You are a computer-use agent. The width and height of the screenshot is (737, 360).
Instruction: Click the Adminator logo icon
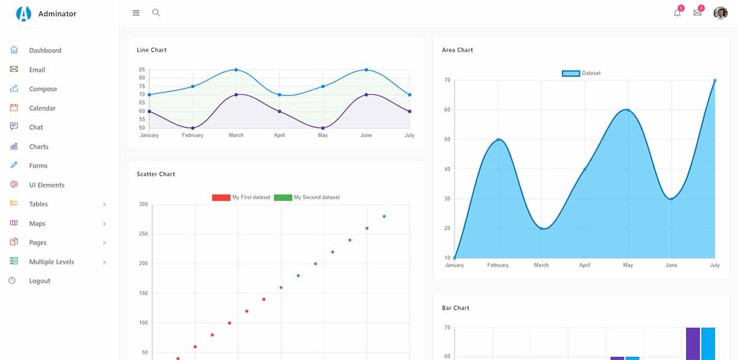click(x=23, y=14)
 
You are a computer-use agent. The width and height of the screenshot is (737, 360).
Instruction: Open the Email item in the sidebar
click(x=37, y=70)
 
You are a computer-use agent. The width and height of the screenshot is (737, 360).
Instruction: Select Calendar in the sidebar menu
click(x=42, y=108)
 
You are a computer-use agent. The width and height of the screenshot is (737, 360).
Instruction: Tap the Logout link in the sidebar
click(x=39, y=281)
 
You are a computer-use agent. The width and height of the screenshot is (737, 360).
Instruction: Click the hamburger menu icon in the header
click(x=136, y=13)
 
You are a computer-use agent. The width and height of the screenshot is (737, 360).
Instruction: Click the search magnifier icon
click(x=156, y=12)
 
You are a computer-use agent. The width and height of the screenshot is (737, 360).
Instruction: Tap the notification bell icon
click(x=677, y=13)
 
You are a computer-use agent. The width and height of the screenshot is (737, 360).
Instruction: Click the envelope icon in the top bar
click(x=697, y=13)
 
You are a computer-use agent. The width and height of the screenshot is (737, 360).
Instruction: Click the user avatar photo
click(x=720, y=13)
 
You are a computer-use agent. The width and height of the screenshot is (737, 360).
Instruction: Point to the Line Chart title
click(x=152, y=50)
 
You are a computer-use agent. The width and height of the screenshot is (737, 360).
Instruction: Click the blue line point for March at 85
click(x=236, y=69)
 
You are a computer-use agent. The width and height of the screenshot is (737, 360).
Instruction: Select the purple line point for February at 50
click(x=193, y=128)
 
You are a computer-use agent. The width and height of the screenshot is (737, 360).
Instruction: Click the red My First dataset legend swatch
click(x=221, y=197)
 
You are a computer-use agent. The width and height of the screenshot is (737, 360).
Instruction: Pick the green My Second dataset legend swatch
click(x=283, y=197)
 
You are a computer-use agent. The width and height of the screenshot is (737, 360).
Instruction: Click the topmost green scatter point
click(x=384, y=216)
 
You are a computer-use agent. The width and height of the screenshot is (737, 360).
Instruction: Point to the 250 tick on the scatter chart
click(x=143, y=234)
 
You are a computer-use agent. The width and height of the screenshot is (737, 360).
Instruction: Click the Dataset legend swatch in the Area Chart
click(x=571, y=73)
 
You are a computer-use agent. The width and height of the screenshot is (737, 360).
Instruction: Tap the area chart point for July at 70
click(x=715, y=80)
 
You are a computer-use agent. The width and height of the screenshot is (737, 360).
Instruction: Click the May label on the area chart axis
click(x=628, y=265)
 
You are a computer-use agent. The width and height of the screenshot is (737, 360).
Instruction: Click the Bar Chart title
click(x=456, y=308)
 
